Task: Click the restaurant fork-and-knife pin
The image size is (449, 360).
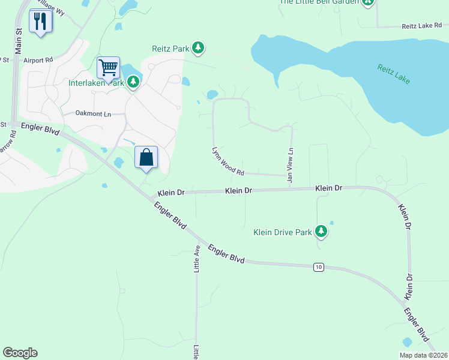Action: coord(40,22)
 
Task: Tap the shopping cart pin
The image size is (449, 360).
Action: coord(108,67)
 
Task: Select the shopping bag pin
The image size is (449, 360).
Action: coord(146,157)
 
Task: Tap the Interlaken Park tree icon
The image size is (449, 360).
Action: coord(133,83)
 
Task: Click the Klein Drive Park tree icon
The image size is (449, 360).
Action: coord(321,231)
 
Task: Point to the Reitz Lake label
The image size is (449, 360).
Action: coord(393,74)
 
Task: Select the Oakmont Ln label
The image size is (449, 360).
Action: coord(93,113)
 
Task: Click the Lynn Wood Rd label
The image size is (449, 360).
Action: coord(228,161)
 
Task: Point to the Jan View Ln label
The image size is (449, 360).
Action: coord(291,165)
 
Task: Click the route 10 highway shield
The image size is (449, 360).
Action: coord(318,266)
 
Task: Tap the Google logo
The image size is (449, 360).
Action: coord(20,353)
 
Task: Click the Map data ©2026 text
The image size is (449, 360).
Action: coord(423,355)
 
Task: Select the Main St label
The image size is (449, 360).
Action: coord(19,41)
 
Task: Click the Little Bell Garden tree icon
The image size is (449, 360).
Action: coord(368,2)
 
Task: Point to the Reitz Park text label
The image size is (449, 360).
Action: coord(170,48)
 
